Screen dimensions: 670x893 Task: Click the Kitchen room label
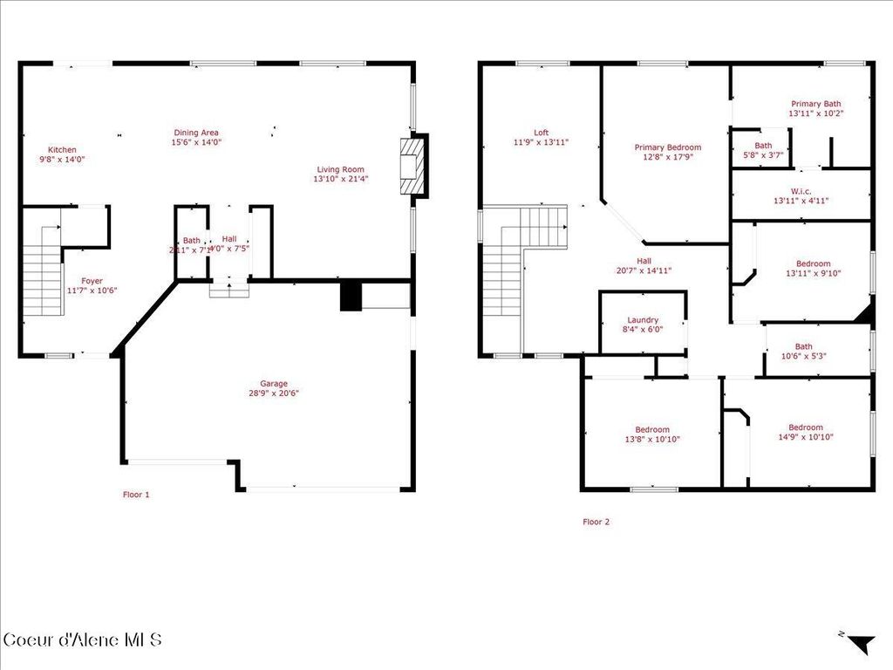62,150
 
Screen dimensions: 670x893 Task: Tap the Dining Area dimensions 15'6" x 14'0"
196,142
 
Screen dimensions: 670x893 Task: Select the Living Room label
339,169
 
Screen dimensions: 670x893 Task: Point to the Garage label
273,383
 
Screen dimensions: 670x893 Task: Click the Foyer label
92,281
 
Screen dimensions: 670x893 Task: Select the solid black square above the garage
350,296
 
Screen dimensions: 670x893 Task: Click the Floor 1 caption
135,495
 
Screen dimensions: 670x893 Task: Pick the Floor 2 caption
596,522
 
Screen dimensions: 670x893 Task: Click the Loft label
541,133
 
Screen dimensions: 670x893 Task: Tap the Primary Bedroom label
667,147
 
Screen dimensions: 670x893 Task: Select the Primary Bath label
815,103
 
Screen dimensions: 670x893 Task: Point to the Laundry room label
643,320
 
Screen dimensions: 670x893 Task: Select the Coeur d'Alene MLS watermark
83,639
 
